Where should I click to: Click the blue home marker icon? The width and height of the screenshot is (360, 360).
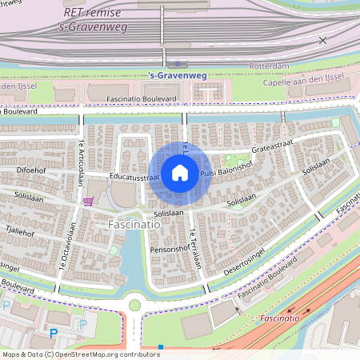click(x=180, y=172)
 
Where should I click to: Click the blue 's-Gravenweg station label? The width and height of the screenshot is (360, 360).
click(x=178, y=75)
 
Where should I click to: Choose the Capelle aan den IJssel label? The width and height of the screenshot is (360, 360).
click(x=308, y=83)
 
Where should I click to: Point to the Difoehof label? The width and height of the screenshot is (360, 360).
click(x=34, y=170)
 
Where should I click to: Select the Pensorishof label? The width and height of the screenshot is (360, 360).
click(x=169, y=250)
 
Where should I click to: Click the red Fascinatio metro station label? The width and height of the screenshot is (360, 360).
click(x=280, y=318)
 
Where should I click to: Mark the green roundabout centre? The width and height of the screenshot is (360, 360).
click(x=134, y=303)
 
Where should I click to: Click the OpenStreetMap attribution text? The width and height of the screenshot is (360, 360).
click(x=70, y=354)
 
